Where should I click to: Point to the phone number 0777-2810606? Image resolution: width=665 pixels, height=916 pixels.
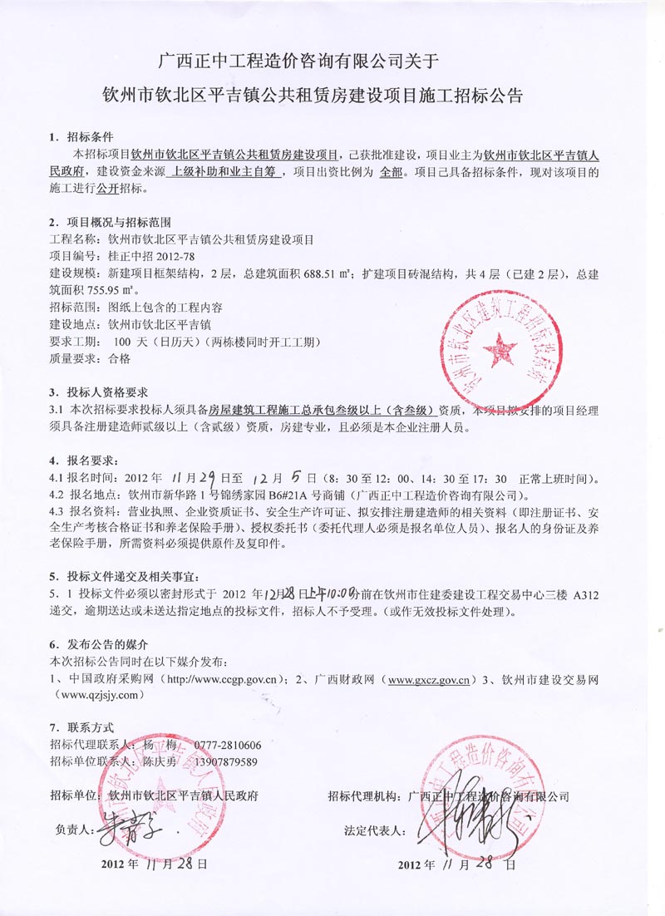click(x=228, y=745)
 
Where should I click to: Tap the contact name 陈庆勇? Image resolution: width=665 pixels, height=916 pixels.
click(x=160, y=761)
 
